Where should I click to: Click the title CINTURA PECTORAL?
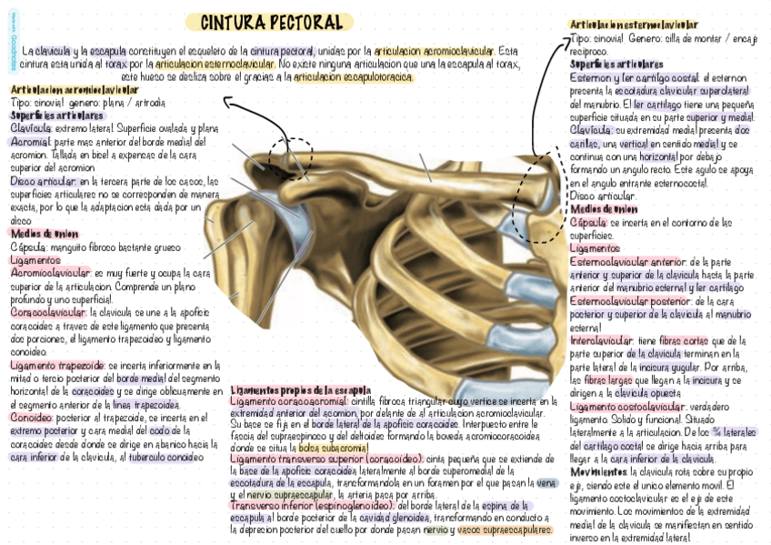click(x=270, y=22)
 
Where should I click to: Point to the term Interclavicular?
click(x=601, y=339)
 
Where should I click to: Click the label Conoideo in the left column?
click(x=30, y=418)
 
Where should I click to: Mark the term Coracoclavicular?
click(x=43, y=312)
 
